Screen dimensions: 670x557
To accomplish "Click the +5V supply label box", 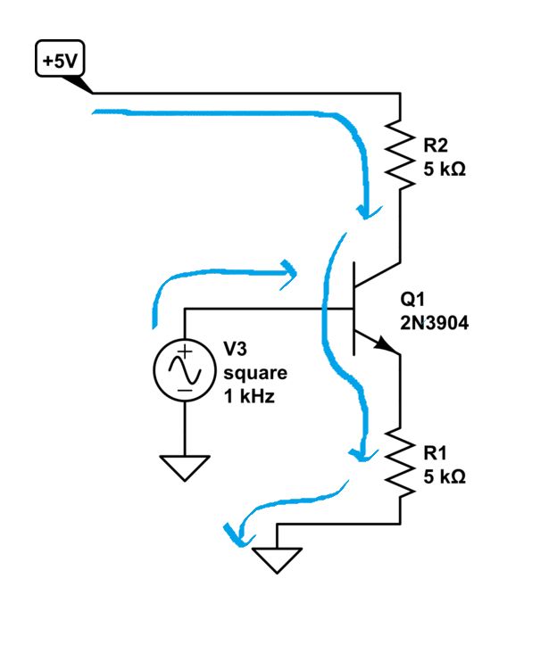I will tap(59, 62).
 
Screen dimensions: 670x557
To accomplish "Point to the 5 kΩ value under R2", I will tap(445, 168).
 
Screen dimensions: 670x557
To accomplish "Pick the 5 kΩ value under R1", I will tap(445, 477).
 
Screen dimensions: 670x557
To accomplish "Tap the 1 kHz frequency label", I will tap(249, 396).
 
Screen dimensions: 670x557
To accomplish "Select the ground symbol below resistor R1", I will tap(278, 559).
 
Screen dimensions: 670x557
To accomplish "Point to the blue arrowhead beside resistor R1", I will tap(361, 453).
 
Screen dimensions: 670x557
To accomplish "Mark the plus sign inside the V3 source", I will tap(184, 353).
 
